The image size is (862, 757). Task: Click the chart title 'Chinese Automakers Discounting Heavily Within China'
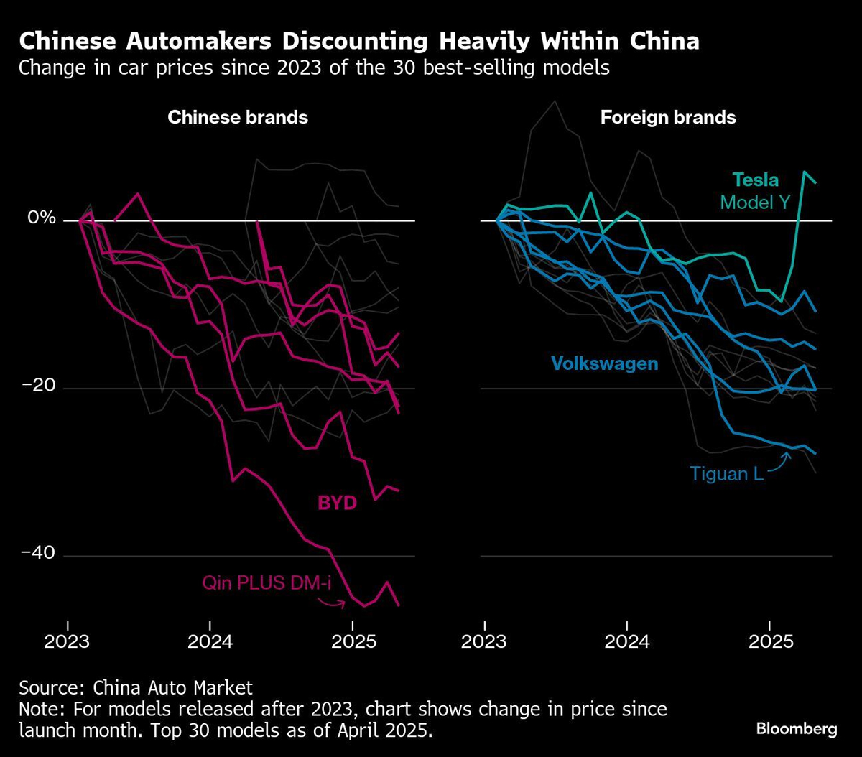[359, 42]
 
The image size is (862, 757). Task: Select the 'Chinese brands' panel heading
[238, 118]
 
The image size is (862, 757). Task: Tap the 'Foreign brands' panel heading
[668, 118]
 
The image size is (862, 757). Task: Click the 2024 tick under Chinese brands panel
[210, 640]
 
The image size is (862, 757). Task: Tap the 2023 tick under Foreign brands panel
[484, 640]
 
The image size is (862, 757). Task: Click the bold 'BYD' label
[337, 503]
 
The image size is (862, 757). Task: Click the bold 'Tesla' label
[755, 180]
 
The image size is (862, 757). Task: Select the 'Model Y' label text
[755, 203]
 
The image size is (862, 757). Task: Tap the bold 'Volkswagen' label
[604, 363]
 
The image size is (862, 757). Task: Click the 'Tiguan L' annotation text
[726, 473]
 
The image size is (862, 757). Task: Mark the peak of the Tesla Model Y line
[804, 172]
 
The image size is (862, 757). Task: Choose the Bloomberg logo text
[796, 729]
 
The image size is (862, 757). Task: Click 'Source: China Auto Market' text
[136, 687]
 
